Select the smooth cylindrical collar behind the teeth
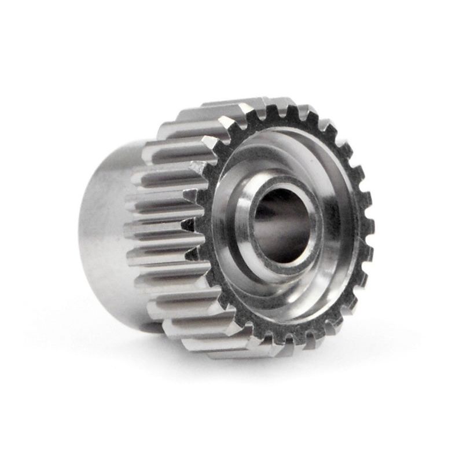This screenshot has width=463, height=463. (x=104, y=231)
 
